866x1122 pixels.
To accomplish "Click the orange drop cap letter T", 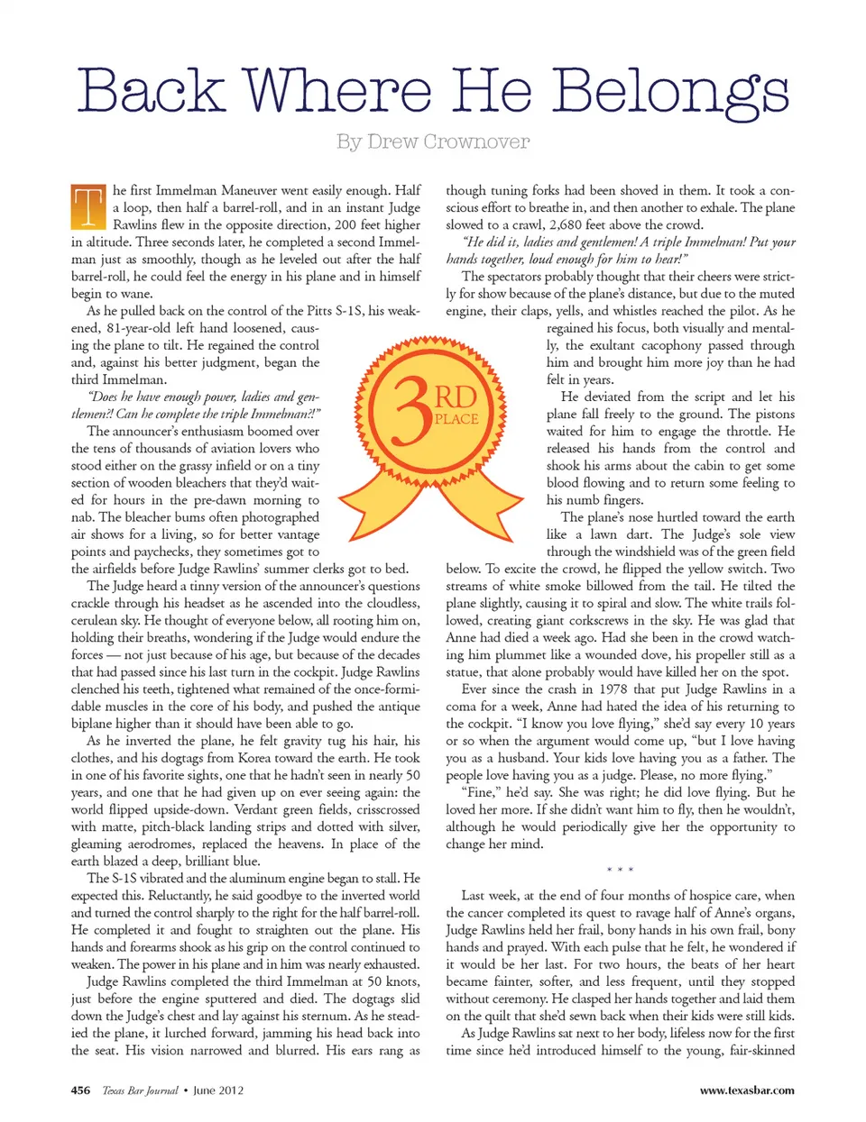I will (88, 206).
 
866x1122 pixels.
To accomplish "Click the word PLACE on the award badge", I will (456, 419).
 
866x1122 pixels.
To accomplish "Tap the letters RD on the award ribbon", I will (456, 397).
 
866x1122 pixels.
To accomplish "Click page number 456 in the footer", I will (80, 1090).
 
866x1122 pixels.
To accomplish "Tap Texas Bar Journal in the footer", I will (140, 1090).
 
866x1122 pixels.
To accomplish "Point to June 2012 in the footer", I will (218, 1090).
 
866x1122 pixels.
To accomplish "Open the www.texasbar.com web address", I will (747, 1090).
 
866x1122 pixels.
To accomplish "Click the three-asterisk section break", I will (620, 870).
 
